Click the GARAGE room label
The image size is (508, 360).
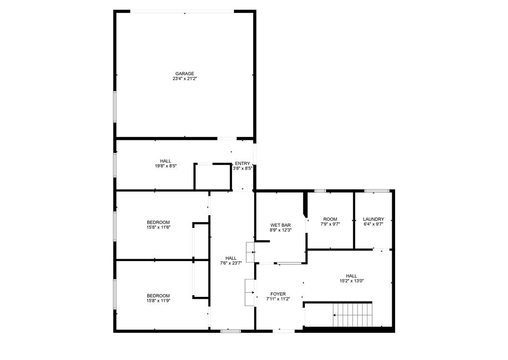click(x=185, y=74)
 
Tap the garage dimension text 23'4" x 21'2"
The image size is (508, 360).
click(x=185, y=79)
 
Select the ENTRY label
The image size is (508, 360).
click(x=242, y=164)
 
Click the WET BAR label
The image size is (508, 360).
click(x=280, y=225)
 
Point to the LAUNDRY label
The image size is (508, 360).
click(x=373, y=219)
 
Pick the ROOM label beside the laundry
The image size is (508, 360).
click(x=330, y=219)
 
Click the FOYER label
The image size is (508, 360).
click(x=278, y=294)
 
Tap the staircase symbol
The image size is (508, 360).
click(x=354, y=314)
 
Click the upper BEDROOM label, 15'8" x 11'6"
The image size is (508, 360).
click(x=158, y=222)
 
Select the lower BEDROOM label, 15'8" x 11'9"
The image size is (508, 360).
click(x=158, y=296)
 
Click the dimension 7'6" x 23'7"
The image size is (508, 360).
click(x=231, y=263)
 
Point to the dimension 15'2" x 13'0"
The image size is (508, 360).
click(x=351, y=281)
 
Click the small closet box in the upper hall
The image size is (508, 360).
click(x=213, y=177)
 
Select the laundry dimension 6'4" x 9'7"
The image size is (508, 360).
click(x=373, y=224)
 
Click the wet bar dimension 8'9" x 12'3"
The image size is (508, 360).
click(x=280, y=230)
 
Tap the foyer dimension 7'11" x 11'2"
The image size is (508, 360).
click(x=278, y=299)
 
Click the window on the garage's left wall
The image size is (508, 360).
click(x=115, y=106)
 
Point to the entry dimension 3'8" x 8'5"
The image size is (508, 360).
click(x=242, y=168)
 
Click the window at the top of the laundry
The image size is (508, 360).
click(x=377, y=191)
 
